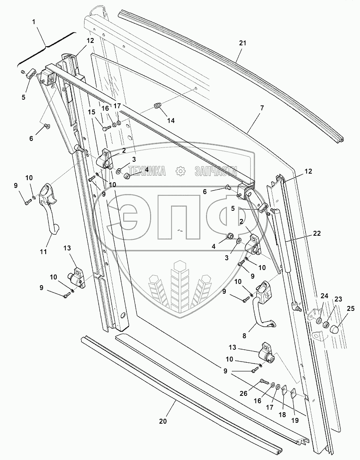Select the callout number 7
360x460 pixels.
(262, 108)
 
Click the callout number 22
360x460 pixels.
(317, 234)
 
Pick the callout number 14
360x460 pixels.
(170, 121)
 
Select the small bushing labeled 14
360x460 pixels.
(158, 107)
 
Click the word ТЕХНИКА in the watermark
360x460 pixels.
(147, 171)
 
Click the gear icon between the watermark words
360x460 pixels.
(180, 171)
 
